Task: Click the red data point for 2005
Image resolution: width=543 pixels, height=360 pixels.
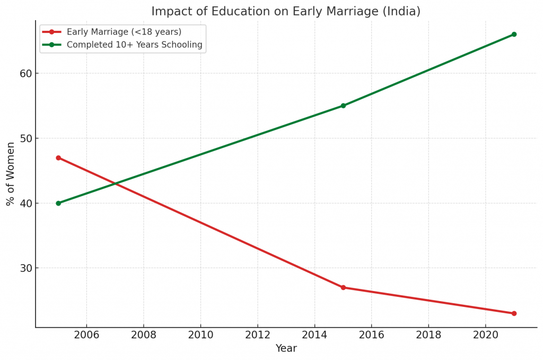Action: (x=58, y=158)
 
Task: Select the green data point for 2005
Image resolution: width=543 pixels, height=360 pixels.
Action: (x=58, y=203)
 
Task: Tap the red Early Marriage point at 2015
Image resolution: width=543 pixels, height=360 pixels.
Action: (x=343, y=287)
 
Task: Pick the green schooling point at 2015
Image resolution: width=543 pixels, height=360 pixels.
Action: (x=343, y=106)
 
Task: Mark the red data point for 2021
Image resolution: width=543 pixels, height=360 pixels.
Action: (x=514, y=313)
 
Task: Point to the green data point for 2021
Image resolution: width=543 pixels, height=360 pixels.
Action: (x=514, y=34)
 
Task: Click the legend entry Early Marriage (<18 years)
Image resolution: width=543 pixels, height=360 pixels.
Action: (x=124, y=32)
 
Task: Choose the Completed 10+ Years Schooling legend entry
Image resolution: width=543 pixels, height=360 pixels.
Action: (x=134, y=45)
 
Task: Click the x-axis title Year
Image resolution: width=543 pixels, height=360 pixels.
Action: (x=286, y=349)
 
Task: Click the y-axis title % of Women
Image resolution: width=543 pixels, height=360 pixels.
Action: (x=11, y=174)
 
